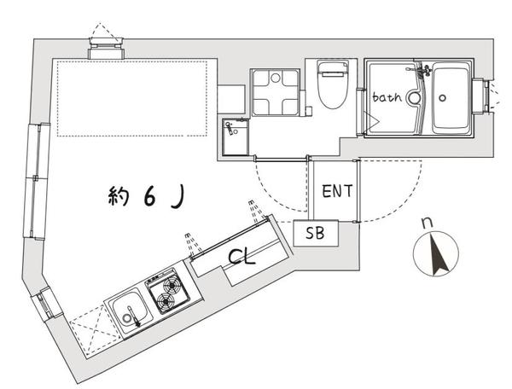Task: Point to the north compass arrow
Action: tap(433, 254)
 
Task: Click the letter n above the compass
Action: tap(428, 223)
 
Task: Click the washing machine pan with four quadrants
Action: tap(274, 93)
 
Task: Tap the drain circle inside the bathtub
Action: tap(442, 98)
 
